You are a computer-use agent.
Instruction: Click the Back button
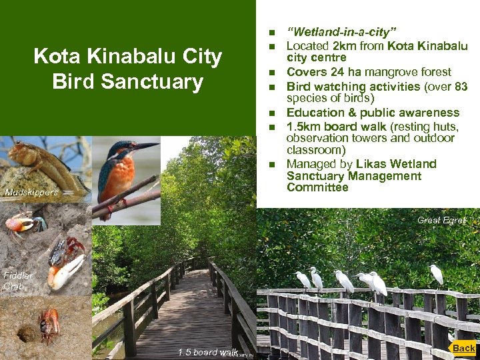463,348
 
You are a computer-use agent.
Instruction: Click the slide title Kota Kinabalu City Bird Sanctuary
127,69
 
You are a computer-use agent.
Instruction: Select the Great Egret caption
441,220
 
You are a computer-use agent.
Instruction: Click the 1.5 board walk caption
207,352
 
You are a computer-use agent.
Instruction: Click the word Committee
317,188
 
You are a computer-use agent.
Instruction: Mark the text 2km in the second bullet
343,46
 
